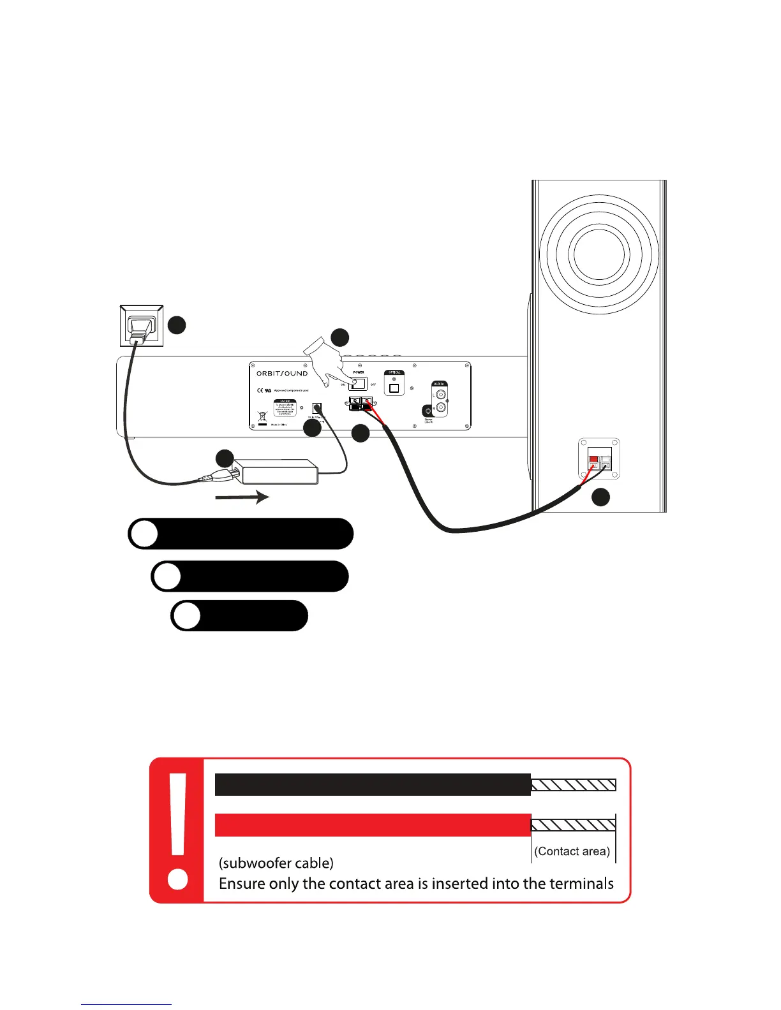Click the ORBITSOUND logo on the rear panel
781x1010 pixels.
click(x=282, y=374)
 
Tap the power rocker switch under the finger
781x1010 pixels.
click(x=359, y=384)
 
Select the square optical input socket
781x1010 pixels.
click(x=394, y=388)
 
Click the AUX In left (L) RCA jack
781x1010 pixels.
click(x=440, y=395)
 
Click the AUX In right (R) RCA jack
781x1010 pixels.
click(x=440, y=408)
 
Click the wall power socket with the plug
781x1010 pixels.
click(x=142, y=326)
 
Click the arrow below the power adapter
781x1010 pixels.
click(x=242, y=497)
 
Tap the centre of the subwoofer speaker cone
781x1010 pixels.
click(x=594, y=254)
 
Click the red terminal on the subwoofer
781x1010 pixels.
click(x=593, y=460)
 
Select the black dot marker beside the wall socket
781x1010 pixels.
click(x=177, y=325)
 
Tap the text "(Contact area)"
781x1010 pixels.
click(x=572, y=851)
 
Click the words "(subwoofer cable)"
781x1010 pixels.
click(x=276, y=863)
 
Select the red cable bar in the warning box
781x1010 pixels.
click(x=373, y=824)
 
